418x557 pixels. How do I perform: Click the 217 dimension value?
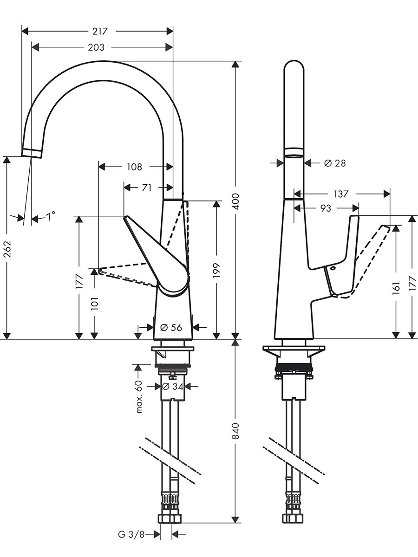coord(100,32)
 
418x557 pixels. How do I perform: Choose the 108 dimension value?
coord(134,167)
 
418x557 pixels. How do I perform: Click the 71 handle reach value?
coord(146,188)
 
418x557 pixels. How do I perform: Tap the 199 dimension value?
coord(216,271)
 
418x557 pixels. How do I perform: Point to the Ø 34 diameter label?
coord(172,386)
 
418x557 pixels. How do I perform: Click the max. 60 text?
coord(138,395)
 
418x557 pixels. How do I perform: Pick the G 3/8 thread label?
coord(131,534)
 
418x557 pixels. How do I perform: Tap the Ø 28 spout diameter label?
coord(334,163)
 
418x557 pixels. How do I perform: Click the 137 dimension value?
coord(340,194)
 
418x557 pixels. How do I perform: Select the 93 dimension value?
coord(326,208)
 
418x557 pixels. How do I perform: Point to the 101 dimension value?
coord(94,304)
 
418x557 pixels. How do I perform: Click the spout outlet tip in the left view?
coord(32,152)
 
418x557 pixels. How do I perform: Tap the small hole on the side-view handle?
coord(333,269)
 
